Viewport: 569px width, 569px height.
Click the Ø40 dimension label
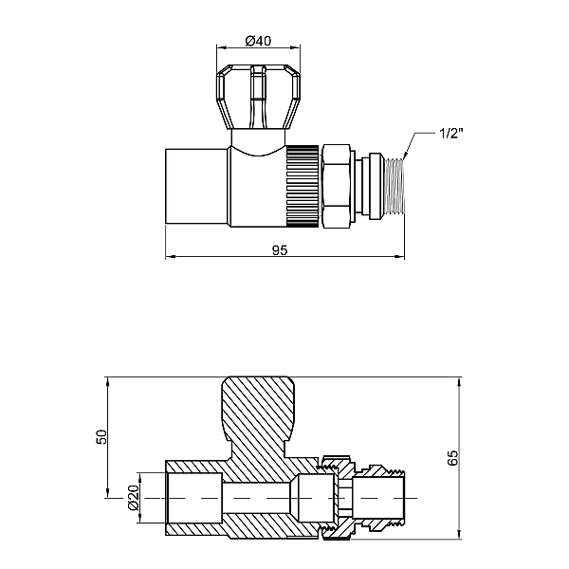258,41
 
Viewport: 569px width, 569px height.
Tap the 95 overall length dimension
280,250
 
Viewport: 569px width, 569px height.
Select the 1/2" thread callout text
451,134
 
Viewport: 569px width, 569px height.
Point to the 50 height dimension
102,437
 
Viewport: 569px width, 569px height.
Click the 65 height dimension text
453,458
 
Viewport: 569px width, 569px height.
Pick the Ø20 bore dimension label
134,498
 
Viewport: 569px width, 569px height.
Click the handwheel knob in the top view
258,97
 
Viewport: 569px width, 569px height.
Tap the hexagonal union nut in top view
336,186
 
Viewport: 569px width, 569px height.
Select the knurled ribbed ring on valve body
303,186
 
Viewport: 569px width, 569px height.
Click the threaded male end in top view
395,186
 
